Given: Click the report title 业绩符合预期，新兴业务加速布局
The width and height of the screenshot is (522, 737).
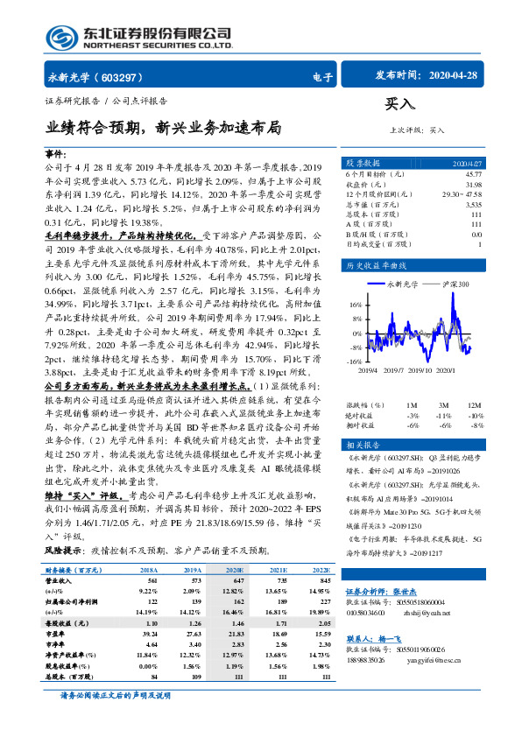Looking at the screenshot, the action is click(162, 128).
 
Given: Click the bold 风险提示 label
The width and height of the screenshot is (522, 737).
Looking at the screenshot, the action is click(61, 550).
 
